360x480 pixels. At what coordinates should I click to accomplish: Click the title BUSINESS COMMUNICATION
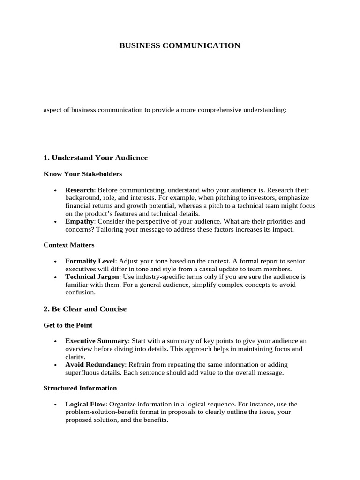pyautogui.click(x=180, y=45)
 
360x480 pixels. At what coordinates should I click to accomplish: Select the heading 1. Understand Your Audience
pyautogui.click(x=96, y=157)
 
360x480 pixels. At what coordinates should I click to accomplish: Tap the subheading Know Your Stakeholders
pyautogui.click(x=82, y=174)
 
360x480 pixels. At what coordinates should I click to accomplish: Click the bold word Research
pyautogui.click(x=80, y=190)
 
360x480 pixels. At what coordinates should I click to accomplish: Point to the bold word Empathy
pyautogui.click(x=80, y=221)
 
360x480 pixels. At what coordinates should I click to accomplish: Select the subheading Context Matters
pyautogui.click(x=69, y=245)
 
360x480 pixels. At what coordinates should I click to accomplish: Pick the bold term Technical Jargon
pyautogui.click(x=92, y=277)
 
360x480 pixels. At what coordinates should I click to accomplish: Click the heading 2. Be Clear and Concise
pyautogui.click(x=85, y=309)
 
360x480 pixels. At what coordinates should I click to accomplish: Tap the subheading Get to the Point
pyautogui.click(x=68, y=325)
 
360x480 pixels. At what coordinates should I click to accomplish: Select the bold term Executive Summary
pyautogui.click(x=96, y=341)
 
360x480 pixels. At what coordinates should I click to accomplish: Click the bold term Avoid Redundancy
pyautogui.click(x=95, y=364)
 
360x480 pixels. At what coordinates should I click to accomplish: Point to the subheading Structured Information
pyautogui.click(x=80, y=388)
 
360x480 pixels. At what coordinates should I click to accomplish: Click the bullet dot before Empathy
pyautogui.click(x=55, y=221)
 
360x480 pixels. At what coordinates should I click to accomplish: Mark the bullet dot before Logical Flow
pyautogui.click(x=55, y=405)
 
